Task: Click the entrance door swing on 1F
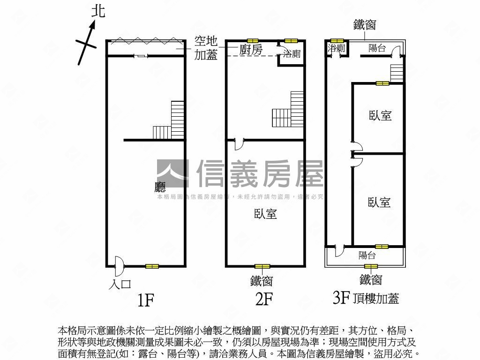pos(119,266)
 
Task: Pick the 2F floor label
pos(264,299)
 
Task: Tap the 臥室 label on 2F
pos(265,214)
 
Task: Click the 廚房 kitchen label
pos(251,50)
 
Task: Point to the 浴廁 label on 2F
pos(292,54)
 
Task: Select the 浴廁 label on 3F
pos(337,48)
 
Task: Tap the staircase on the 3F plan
pos(397,73)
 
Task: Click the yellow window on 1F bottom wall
pos(152,266)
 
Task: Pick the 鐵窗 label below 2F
pos(262,281)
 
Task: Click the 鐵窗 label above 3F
pos(365,25)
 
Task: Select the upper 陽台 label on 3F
pos(377,47)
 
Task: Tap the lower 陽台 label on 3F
pos(367,255)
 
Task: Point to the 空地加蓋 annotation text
pos(206,47)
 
